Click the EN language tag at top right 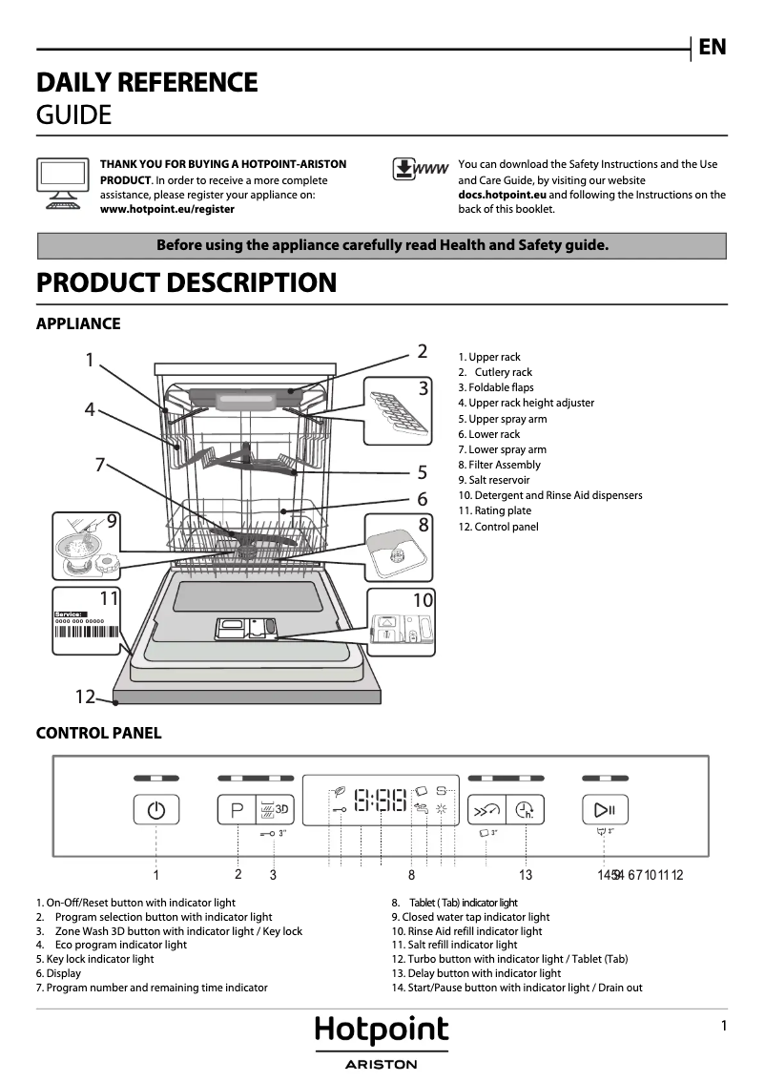pyautogui.click(x=712, y=47)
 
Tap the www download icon pyautogui.click(x=420, y=169)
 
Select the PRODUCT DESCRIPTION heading pyautogui.click(x=186, y=283)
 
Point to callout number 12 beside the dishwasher pyautogui.click(x=85, y=697)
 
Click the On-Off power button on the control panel pyautogui.click(x=156, y=811)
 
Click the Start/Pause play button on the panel pyautogui.click(x=605, y=811)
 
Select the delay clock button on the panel pyautogui.click(x=526, y=811)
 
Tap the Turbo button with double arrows pyautogui.click(x=486, y=811)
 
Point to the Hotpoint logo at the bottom pyautogui.click(x=382, y=1030)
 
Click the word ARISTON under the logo pyautogui.click(x=382, y=1065)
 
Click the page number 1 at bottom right pyautogui.click(x=724, y=1026)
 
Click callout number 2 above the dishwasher pyautogui.click(x=422, y=351)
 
